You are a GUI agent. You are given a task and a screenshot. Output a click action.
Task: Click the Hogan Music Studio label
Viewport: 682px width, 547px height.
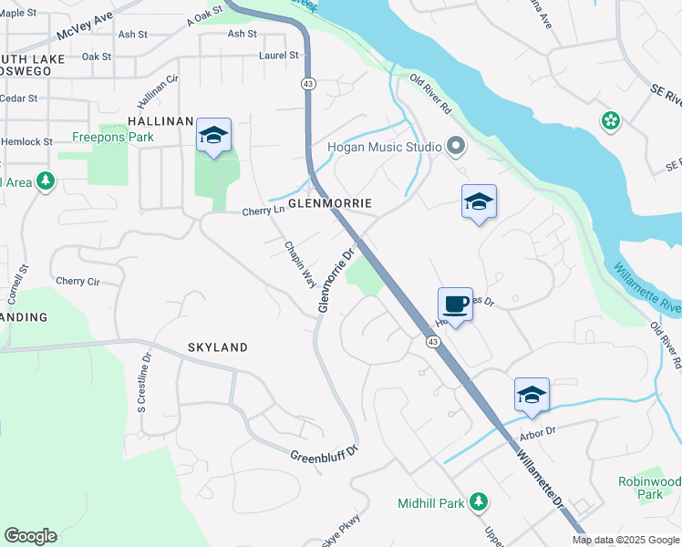point(385,147)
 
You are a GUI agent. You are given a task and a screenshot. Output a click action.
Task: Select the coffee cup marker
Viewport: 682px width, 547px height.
point(455,304)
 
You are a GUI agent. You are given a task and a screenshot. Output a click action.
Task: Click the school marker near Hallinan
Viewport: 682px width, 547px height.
point(213,136)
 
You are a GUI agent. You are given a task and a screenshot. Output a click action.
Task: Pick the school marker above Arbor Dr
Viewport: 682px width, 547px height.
point(532,395)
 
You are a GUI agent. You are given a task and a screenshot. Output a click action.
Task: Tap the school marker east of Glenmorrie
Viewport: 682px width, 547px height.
point(479,201)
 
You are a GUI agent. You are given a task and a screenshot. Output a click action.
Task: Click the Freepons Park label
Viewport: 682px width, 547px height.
point(113,138)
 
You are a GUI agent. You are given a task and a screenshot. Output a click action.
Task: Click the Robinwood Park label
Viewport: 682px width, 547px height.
point(648,487)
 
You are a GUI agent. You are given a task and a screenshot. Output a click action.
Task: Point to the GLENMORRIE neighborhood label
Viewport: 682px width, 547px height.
point(333,201)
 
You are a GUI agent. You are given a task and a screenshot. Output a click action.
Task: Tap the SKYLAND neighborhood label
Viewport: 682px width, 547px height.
point(217,347)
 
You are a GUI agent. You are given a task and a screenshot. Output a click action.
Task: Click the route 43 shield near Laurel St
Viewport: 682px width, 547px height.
point(308,83)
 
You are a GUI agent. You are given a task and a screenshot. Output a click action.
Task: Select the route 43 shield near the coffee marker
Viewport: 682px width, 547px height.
point(432,340)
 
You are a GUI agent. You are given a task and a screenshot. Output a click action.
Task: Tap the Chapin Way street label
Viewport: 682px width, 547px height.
point(298,265)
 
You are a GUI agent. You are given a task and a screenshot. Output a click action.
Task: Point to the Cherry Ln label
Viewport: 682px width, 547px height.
point(263,212)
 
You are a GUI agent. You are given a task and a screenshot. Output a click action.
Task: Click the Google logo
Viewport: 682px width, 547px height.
point(30,536)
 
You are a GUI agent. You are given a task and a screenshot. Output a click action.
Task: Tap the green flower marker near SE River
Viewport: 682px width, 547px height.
point(610,120)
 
